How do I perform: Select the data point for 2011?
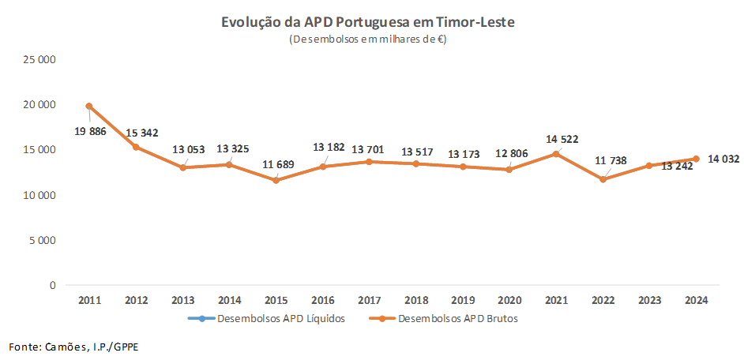pyautogui.click(x=89, y=106)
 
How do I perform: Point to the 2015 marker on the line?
pyautogui.click(x=276, y=180)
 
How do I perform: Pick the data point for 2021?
pyautogui.click(x=556, y=154)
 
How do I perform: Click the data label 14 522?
pyautogui.click(x=562, y=139)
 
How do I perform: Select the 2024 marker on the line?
pyautogui.click(x=696, y=159)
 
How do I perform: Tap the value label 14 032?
pyautogui.click(x=723, y=159)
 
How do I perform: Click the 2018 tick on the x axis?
pyautogui.click(x=415, y=300)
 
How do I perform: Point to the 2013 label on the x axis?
pyautogui.click(x=182, y=300)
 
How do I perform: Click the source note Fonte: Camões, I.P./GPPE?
pyautogui.click(x=66, y=347)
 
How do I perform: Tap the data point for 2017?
pyautogui.click(x=369, y=162)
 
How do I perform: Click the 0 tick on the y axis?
pyautogui.click(x=53, y=285)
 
